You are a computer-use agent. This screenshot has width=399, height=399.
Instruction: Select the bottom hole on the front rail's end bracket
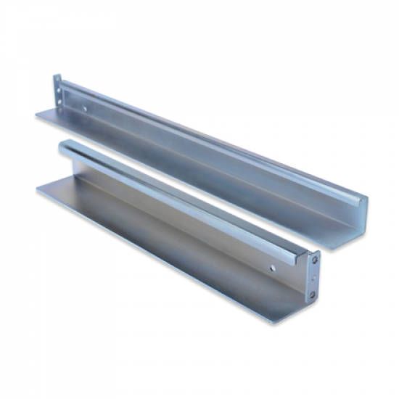312,295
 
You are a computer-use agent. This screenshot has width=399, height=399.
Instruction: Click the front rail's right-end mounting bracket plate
313,276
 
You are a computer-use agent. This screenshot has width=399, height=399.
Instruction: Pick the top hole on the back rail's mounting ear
58,81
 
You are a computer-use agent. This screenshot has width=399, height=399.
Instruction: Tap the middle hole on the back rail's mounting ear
58,89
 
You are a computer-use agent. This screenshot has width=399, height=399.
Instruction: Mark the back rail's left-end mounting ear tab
58,90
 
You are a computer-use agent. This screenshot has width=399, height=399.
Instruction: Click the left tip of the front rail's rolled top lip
62,146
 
